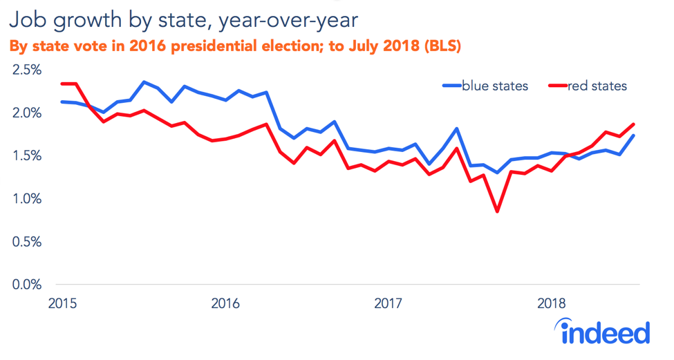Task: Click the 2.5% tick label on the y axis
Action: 25,70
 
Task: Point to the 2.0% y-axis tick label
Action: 25,113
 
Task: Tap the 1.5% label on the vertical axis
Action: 25,155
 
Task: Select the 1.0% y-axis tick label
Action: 25,199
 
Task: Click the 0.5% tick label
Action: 25,242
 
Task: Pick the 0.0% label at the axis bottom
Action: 25,285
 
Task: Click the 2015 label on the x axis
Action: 62,303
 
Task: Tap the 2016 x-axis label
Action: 225,303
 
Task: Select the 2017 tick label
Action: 389,303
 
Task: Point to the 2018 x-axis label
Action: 552,303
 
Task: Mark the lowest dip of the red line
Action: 497,211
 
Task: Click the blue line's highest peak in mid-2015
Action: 144,82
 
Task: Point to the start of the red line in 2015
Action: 62,84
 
